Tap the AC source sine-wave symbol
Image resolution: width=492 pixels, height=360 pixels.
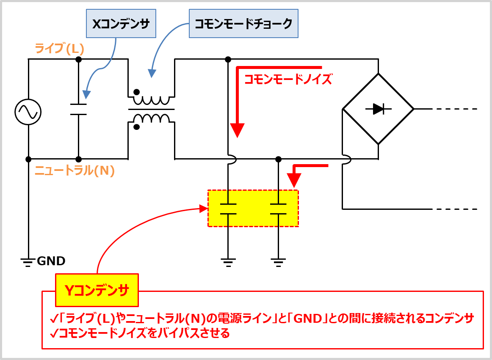(28, 112)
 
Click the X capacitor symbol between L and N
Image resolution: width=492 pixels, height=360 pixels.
(78, 109)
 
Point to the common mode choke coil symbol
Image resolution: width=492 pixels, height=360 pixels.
(152, 109)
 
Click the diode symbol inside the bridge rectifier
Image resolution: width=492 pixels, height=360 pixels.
(379, 109)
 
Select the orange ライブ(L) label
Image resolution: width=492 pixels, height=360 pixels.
(59, 49)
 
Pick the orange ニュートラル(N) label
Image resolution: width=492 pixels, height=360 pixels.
(75, 170)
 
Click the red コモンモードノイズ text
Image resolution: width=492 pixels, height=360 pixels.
(288, 79)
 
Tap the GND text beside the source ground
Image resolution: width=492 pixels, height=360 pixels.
(51, 261)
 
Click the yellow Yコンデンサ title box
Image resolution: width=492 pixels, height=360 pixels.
(97, 290)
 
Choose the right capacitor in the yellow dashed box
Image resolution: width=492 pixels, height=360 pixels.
(278, 209)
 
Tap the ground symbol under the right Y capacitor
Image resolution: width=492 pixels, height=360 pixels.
(278, 263)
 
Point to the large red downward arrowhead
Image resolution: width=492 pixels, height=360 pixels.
(238, 130)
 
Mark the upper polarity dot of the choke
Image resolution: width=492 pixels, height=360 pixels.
(137, 92)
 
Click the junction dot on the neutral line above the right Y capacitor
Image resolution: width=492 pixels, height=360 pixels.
(278, 159)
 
